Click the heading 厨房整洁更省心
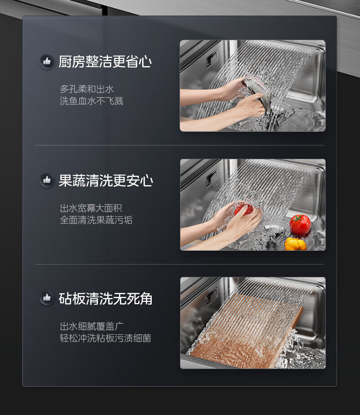click(x=105, y=62)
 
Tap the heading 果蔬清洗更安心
click(x=106, y=180)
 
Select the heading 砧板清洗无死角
click(x=105, y=299)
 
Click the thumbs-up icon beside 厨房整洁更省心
click(x=47, y=62)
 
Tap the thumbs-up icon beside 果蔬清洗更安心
click(x=47, y=180)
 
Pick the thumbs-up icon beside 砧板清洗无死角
click(x=47, y=298)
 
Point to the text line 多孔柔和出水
click(x=87, y=89)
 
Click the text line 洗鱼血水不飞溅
click(x=92, y=101)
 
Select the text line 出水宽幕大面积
click(x=91, y=208)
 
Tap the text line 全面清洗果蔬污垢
click(x=96, y=220)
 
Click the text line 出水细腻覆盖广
click(x=92, y=326)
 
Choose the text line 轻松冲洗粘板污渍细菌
click(x=105, y=338)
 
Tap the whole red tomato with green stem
click(x=300, y=224)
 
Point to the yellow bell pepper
click(x=295, y=244)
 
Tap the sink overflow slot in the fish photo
click(x=211, y=59)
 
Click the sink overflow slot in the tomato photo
click(x=211, y=178)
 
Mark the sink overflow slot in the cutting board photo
click(x=211, y=296)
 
